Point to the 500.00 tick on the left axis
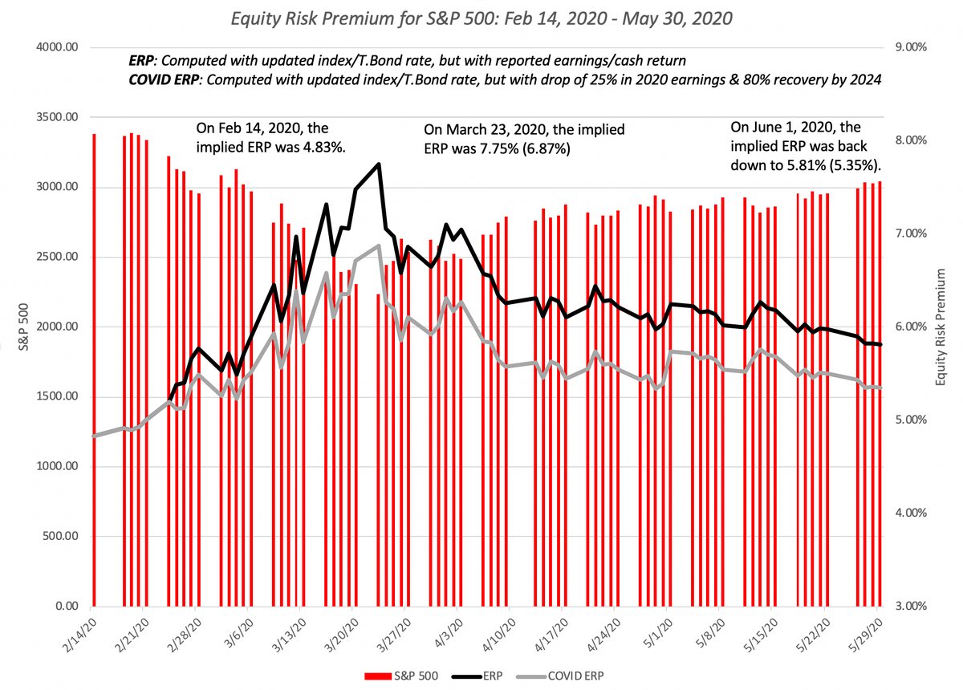click(59, 536)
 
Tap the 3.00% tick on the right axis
click(911, 606)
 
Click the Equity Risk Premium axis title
click(941, 327)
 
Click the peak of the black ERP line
click(378, 164)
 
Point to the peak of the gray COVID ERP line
click(378, 246)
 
